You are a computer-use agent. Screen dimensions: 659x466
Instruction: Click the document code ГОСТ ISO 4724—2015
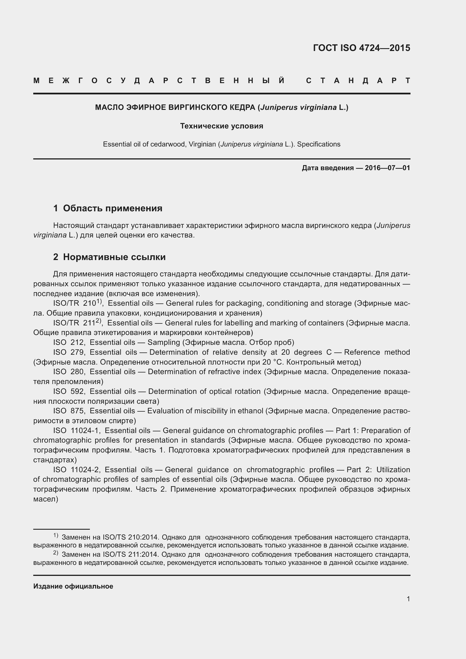click(361, 48)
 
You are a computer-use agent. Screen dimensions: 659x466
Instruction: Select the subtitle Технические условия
click(221, 126)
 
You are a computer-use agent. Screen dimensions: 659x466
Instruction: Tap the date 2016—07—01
click(387, 168)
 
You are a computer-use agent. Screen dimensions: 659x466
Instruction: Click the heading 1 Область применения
click(108, 208)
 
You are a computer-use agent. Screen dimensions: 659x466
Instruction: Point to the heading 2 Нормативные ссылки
click(109, 257)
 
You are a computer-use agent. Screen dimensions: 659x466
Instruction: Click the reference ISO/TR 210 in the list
click(76, 303)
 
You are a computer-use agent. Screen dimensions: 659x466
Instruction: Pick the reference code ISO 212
click(68, 342)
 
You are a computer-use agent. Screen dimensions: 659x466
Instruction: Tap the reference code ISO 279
click(68, 352)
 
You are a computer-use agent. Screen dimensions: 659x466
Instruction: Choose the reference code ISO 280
click(68, 372)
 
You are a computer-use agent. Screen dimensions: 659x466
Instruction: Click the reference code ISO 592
click(68, 392)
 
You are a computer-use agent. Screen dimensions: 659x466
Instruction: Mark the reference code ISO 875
click(68, 411)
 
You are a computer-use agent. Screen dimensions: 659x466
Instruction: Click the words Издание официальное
click(73, 586)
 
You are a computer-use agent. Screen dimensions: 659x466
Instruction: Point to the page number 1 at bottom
click(408, 599)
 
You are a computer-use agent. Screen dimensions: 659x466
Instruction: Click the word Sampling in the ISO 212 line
click(164, 342)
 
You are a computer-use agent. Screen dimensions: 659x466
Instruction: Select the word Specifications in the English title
click(319, 144)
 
